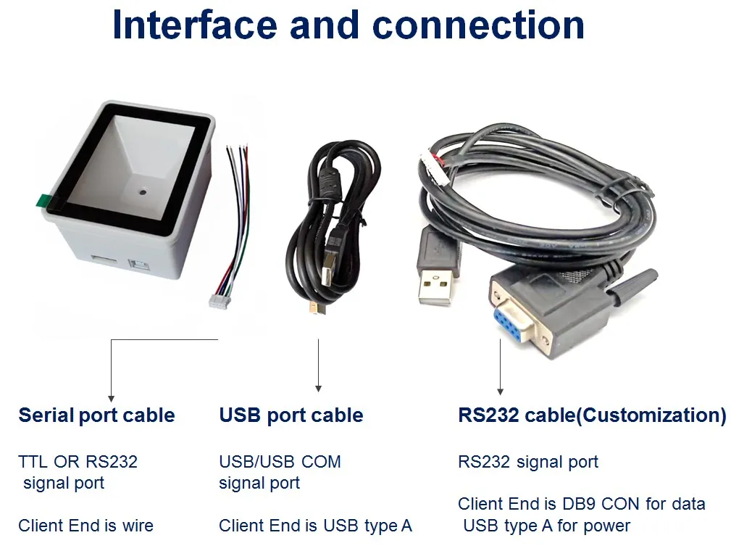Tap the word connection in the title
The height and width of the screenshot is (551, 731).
[478, 25]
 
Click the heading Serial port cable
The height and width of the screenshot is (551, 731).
[96, 415]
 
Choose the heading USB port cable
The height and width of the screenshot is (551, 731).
[291, 415]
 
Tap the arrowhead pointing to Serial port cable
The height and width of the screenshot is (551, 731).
[111, 397]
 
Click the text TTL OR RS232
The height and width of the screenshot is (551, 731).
[78, 462]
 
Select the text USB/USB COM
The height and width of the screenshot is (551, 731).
[280, 462]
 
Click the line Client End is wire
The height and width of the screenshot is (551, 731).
[85, 526]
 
